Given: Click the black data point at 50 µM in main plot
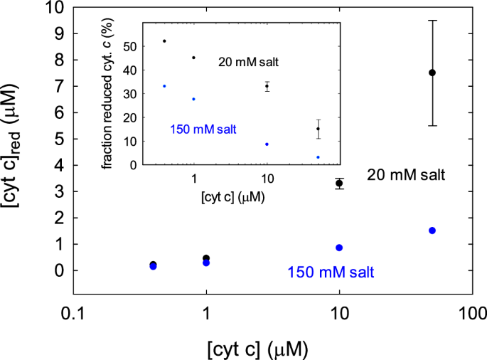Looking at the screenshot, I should click(432, 73).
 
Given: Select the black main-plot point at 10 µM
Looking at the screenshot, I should click(340, 184).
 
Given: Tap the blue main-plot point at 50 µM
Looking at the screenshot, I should click(432, 231).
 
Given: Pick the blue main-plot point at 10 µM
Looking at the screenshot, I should click(340, 248).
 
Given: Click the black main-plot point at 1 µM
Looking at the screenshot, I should click(206, 258).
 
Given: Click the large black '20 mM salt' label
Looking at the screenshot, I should click(406, 175).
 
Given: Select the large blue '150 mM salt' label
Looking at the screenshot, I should click(331, 272).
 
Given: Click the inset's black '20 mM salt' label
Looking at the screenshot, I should click(247, 63).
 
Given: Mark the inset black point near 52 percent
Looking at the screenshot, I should click(164, 41).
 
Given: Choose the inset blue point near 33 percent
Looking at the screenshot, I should click(164, 86).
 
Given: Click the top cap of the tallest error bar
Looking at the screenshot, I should click(432, 21).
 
